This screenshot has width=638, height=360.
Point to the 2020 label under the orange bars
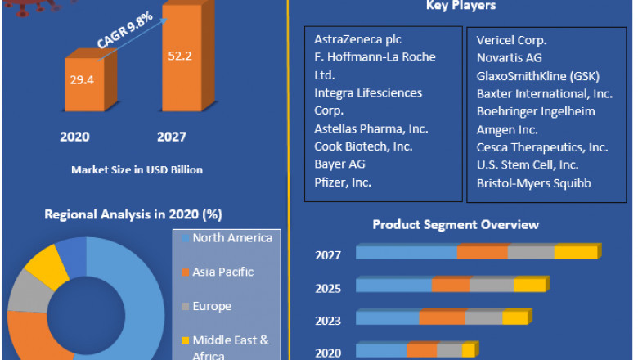click(x=74, y=137)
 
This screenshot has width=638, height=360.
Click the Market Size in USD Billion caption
click(x=137, y=169)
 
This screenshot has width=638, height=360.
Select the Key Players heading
click(x=461, y=7)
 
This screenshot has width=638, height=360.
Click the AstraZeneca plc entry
click(x=357, y=39)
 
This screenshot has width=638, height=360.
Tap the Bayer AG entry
click(x=339, y=164)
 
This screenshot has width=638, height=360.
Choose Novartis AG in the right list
click(x=509, y=57)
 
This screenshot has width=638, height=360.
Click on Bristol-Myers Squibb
click(x=533, y=182)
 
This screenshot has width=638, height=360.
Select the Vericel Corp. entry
click(x=511, y=39)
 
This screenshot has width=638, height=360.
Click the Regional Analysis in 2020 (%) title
click(x=133, y=214)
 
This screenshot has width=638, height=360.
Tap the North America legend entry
click(x=231, y=238)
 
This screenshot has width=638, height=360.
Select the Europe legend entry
click(x=212, y=306)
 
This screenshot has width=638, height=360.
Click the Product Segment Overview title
click(x=456, y=224)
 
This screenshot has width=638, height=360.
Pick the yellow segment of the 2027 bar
click(x=576, y=253)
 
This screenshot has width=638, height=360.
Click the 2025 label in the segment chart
click(x=328, y=288)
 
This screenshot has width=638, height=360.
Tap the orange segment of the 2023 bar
click(x=442, y=318)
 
